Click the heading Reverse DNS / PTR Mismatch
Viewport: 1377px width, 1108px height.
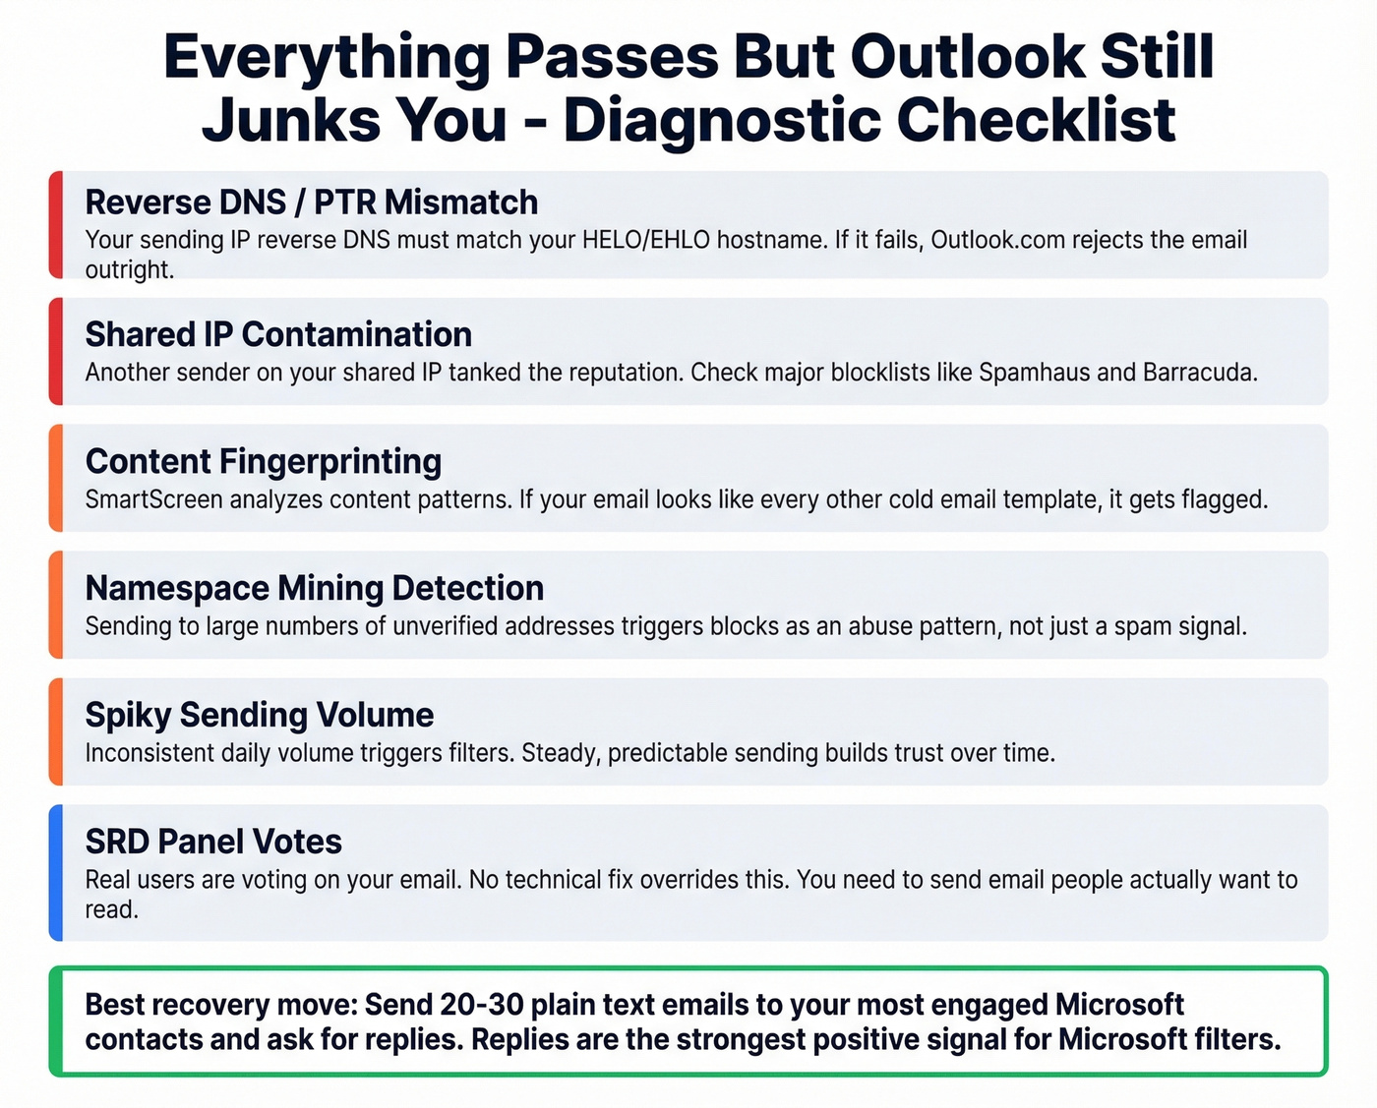tap(311, 203)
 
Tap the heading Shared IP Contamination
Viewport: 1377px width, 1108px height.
tap(278, 335)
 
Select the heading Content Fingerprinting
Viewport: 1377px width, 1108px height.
tap(264, 462)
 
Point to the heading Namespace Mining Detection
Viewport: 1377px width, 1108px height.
tap(314, 589)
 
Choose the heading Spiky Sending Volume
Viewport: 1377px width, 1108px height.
tap(259, 716)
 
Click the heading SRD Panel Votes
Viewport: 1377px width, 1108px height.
tap(213, 843)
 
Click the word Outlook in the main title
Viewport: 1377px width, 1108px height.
tap(967, 57)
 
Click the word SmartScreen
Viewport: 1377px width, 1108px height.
tap(154, 500)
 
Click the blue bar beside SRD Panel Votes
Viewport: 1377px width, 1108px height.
tap(56, 873)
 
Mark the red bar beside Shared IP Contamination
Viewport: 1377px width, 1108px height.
tap(56, 352)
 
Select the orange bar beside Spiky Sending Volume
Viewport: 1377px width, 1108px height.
tap(56, 731)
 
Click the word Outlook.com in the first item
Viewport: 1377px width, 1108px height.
tap(997, 241)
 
